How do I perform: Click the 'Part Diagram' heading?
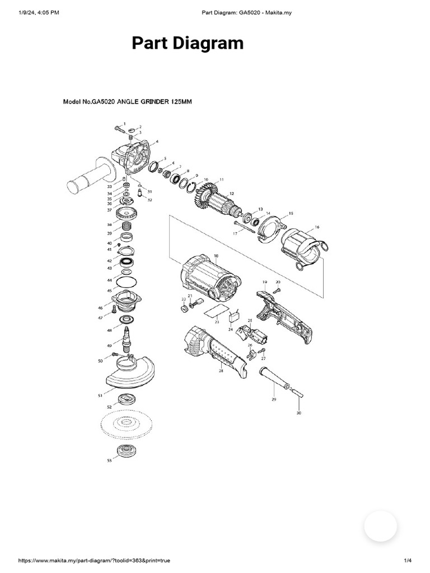pyautogui.click(x=187, y=44)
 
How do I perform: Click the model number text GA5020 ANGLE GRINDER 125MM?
pyautogui.click(x=126, y=102)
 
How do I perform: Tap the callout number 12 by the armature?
pyautogui.click(x=232, y=193)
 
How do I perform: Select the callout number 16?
pyautogui.click(x=317, y=227)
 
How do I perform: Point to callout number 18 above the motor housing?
pyautogui.click(x=216, y=256)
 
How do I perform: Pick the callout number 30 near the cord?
pyautogui.click(x=298, y=412)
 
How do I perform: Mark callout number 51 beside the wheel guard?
pyautogui.click(x=100, y=395)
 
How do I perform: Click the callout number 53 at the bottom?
pyautogui.click(x=109, y=461)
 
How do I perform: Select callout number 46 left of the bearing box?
pyautogui.click(x=100, y=308)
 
